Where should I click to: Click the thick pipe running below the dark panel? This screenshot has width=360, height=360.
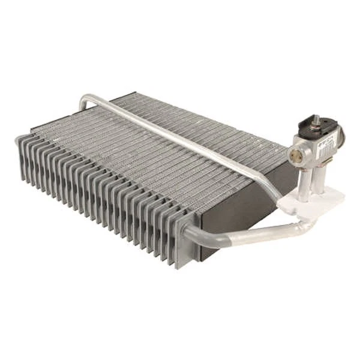coord(240,234)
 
